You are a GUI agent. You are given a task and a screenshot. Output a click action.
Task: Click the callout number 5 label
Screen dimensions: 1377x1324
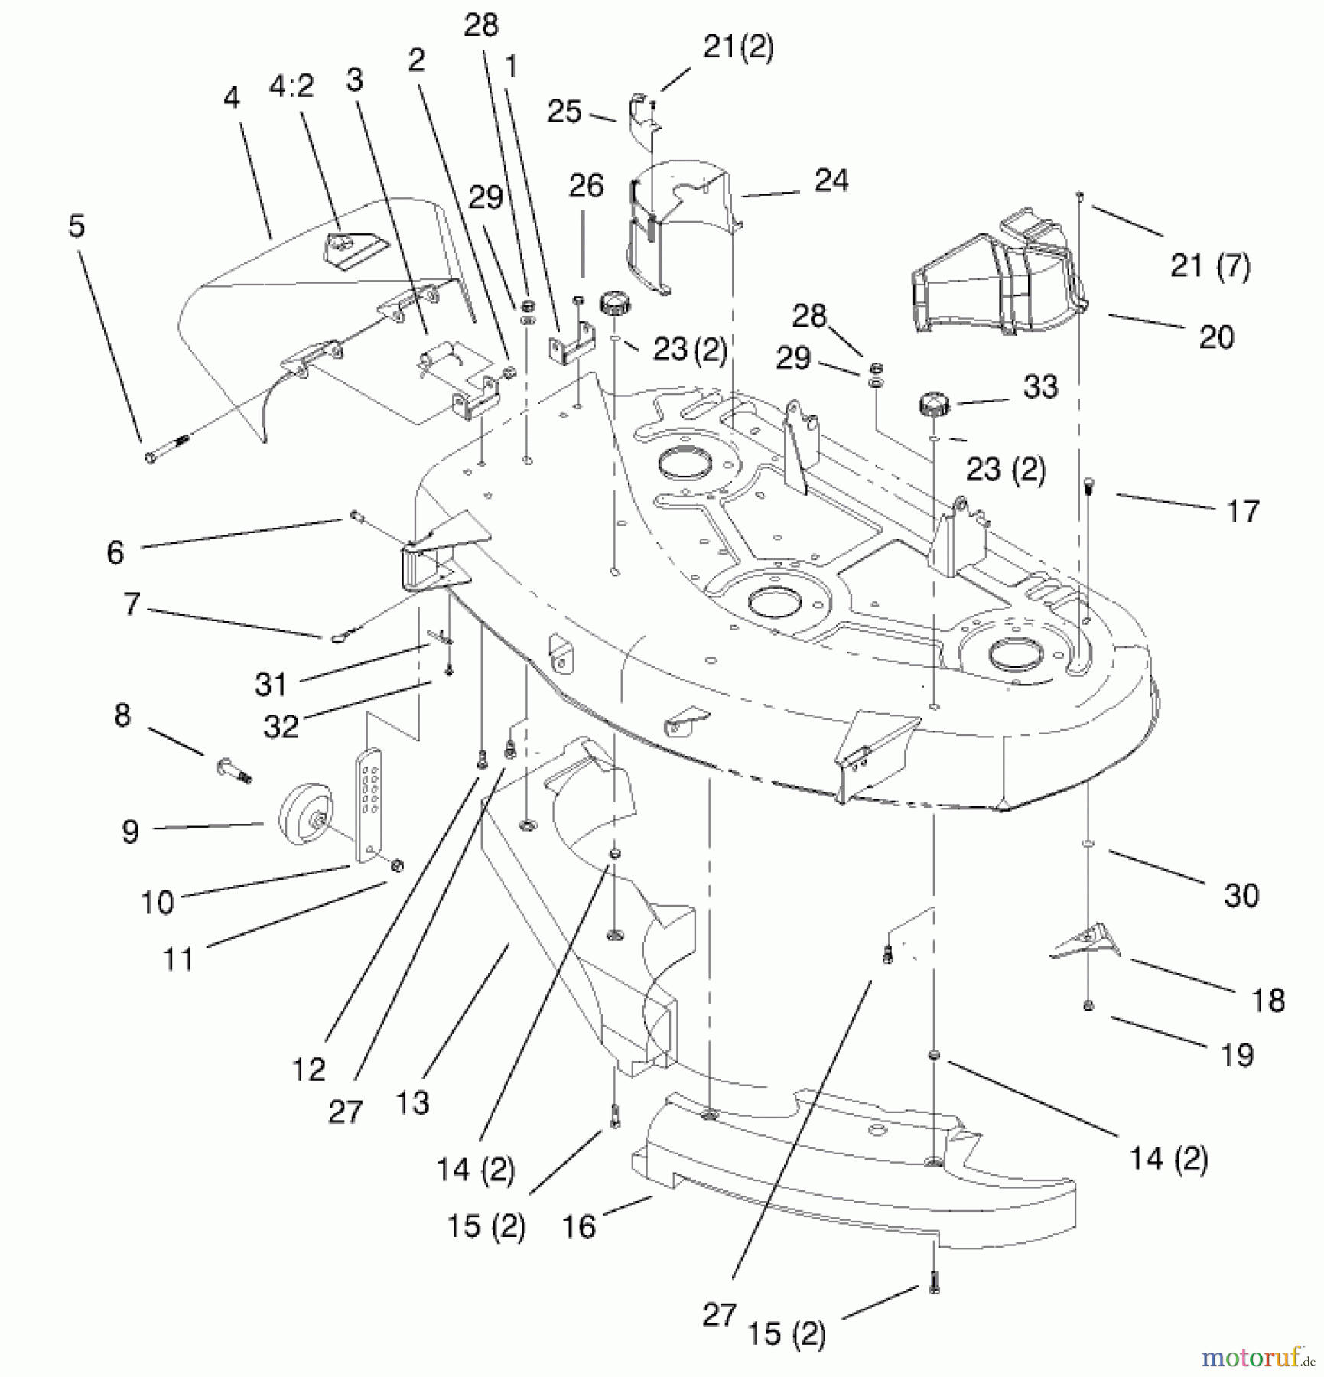(x=76, y=226)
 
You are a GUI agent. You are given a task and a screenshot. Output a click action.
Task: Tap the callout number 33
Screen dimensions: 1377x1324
(x=1040, y=387)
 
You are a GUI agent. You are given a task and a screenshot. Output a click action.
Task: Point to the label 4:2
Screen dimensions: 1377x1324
(x=291, y=86)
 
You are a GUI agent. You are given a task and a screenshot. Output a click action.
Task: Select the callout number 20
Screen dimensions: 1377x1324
(x=1216, y=337)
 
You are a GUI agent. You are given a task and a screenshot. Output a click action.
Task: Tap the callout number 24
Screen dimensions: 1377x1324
(x=831, y=181)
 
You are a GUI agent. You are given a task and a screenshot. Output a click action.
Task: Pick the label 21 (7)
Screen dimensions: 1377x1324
(x=1210, y=266)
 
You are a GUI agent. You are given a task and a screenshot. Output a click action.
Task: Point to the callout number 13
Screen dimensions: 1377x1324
(x=412, y=1102)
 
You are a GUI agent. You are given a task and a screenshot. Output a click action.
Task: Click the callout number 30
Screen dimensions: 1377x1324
(x=1241, y=895)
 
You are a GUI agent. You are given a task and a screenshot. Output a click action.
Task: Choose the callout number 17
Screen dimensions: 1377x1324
(x=1243, y=511)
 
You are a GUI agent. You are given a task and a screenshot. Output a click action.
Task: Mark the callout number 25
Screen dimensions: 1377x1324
(x=564, y=112)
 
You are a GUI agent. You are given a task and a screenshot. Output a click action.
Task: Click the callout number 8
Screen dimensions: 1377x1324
(x=122, y=715)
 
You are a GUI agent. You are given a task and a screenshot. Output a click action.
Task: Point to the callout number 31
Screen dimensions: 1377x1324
(x=271, y=684)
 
